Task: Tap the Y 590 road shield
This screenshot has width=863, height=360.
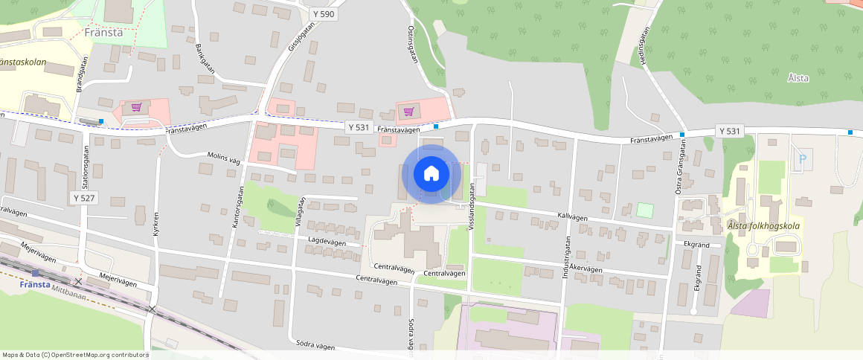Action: coord(324,14)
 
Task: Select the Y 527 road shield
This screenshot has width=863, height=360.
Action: coord(84,198)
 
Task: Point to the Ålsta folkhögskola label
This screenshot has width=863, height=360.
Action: coord(763,226)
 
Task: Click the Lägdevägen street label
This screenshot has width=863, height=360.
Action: coord(327,241)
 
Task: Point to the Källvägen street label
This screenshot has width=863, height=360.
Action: coord(572,216)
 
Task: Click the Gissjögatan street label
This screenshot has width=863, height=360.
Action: coord(301,35)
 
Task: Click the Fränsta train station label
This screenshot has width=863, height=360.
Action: coord(35,285)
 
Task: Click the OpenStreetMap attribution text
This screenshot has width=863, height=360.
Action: coord(75,355)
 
